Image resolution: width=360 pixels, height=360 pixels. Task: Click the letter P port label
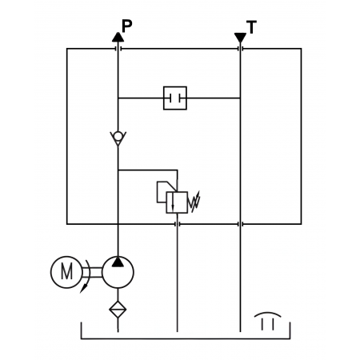126,26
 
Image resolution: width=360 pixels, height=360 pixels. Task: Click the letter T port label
251,27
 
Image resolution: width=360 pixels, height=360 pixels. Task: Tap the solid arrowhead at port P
118,37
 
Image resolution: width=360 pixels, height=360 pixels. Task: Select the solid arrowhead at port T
240,38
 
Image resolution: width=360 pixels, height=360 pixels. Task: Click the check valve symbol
118,138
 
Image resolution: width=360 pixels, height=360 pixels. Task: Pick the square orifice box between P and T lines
175,98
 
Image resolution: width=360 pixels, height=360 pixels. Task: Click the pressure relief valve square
177,202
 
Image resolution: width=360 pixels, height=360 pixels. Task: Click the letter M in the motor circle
66,272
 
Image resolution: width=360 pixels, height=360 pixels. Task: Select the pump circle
118,272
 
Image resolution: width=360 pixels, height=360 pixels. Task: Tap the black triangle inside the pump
118,262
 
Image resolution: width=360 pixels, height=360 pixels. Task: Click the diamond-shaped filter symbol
118,310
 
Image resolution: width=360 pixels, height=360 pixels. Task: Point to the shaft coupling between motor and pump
92,272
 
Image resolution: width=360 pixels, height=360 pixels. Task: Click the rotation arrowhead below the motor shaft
84,288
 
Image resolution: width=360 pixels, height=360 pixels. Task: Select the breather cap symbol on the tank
267,321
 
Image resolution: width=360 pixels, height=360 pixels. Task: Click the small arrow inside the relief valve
173,202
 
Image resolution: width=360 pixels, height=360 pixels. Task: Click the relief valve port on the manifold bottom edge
177,224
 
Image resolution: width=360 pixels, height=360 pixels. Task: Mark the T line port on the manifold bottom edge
240,224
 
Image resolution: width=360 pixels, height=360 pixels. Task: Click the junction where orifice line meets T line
240,98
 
